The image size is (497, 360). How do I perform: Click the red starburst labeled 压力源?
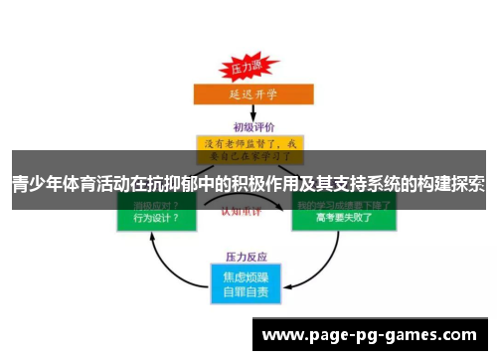click(245, 70)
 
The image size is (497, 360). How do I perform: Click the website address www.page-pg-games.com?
click(373, 336)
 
